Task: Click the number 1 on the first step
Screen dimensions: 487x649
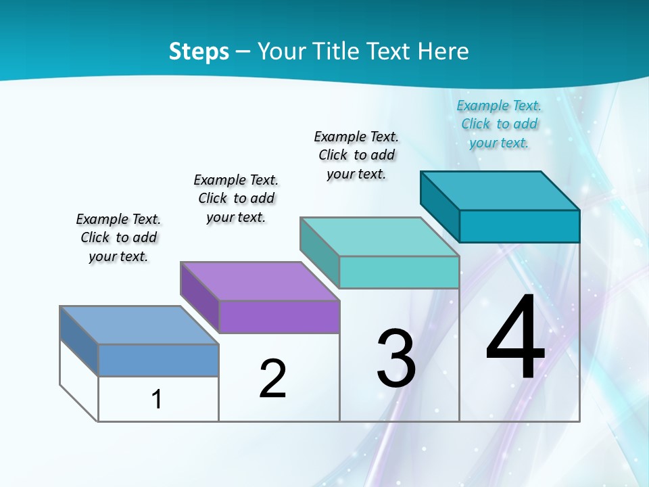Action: pyautogui.click(x=157, y=400)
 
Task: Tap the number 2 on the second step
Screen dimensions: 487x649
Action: pyautogui.click(x=272, y=378)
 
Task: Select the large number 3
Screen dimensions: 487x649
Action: pyautogui.click(x=396, y=358)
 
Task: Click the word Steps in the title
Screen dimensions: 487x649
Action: pyautogui.click(x=199, y=51)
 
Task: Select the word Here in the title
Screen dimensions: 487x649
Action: pyautogui.click(x=443, y=51)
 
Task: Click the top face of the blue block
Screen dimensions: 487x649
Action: pyautogui.click(x=139, y=325)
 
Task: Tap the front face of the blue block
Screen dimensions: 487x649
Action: pyautogui.click(x=158, y=360)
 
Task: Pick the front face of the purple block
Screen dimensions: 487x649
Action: pyautogui.click(x=279, y=317)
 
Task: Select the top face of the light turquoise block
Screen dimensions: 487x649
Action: pyautogui.click(x=380, y=237)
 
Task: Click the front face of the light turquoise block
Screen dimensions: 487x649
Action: pyautogui.click(x=399, y=272)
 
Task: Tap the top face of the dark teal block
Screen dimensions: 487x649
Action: pyautogui.click(x=500, y=191)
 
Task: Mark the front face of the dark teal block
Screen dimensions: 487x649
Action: pyautogui.click(x=519, y=226)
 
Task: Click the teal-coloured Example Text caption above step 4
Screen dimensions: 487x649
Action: pyautogui.click(x=499, y=124)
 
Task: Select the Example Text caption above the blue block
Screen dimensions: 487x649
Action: pyautogui.click(x=118, y=237)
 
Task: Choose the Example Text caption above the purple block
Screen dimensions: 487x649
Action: pyautogui.click(x=236, y=198)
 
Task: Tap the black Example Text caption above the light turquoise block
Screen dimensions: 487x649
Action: pyautogui.click(x=356, y=155)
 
